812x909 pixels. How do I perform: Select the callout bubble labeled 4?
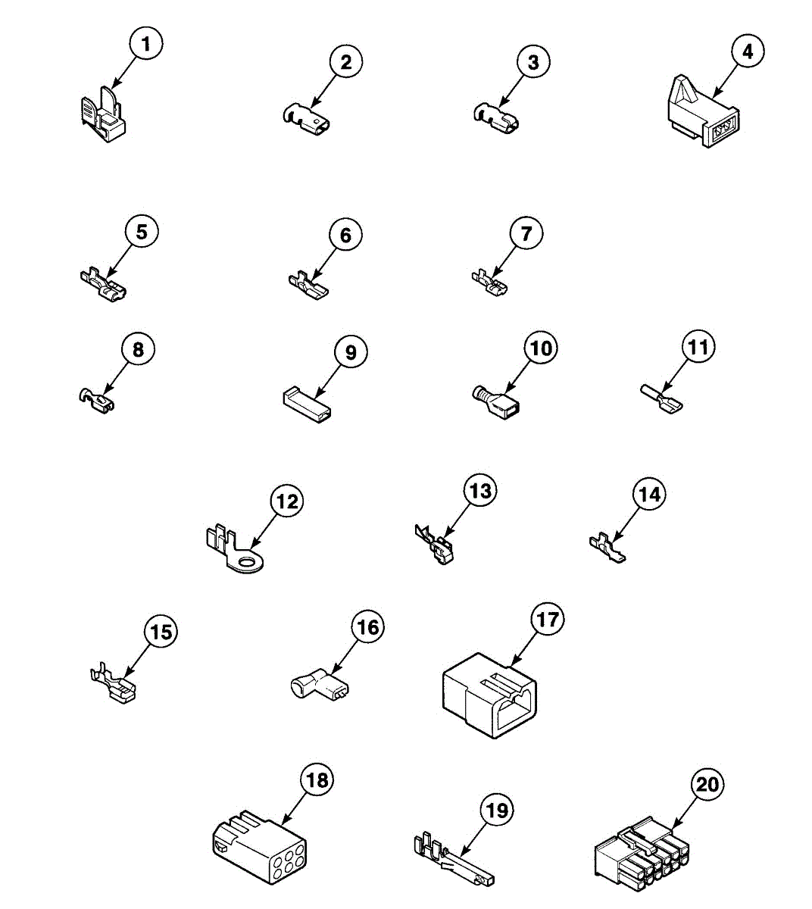(x=748, y=52)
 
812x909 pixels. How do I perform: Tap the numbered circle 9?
(x=351, y=352)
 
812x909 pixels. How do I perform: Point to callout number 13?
(x=480, y=491)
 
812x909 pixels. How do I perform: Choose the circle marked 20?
(x=707, y=784)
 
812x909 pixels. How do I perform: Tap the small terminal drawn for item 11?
(x=661, y=399)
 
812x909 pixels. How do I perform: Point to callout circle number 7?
(x=526, y=234)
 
